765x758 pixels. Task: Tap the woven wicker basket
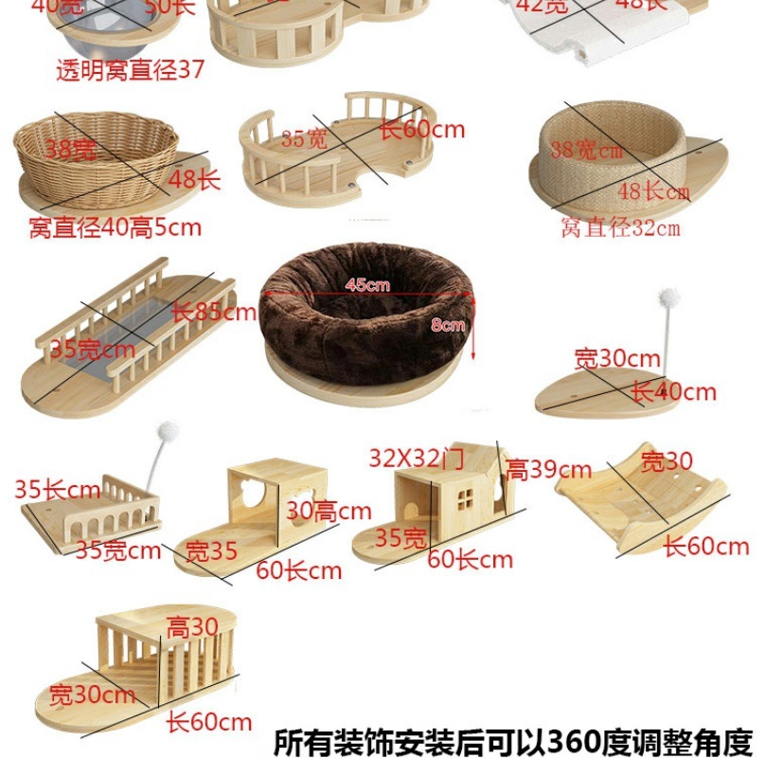(96, 156)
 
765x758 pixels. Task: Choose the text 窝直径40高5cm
(115, 227)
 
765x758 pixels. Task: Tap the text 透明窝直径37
(130, 71)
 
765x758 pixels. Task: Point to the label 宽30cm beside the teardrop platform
(616, 359)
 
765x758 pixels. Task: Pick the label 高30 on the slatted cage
(192, 626)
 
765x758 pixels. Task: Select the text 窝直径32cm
(620, 227)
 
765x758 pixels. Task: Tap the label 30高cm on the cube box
(329, 512)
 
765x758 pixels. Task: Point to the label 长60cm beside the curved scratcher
(705, 547)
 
